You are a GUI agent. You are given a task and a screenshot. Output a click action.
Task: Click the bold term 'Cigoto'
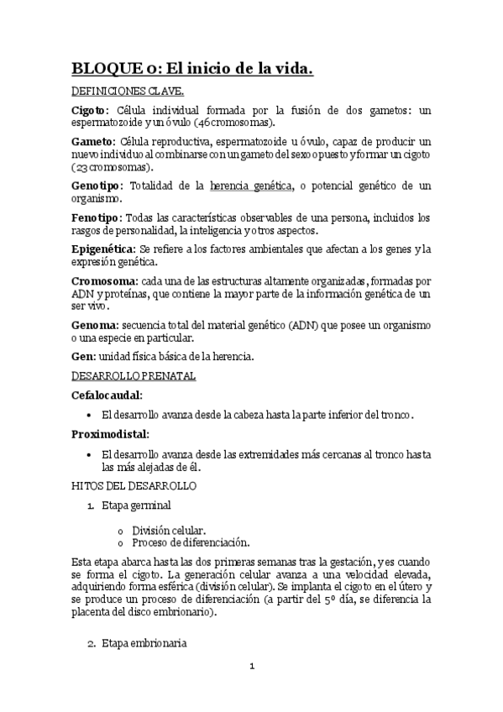[x=88, y=110]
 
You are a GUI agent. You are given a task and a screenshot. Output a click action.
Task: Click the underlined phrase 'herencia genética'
[x=251, y=186]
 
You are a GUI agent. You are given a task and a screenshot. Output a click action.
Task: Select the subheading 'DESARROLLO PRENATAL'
[x=134, y=375]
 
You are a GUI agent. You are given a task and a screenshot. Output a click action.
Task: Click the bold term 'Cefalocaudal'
[x=107, y=395]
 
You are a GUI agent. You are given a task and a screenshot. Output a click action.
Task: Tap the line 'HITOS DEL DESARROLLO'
[x=134, y=485]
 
